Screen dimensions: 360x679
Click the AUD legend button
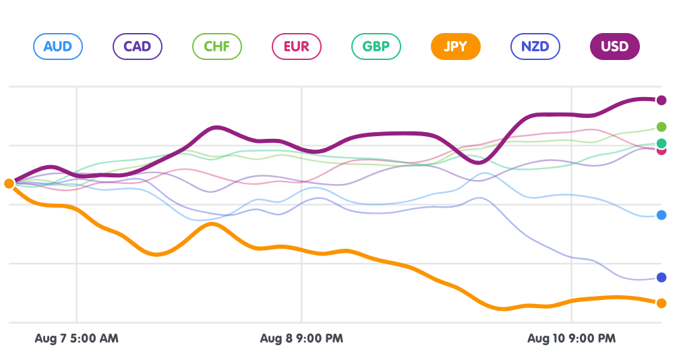click(57, 47)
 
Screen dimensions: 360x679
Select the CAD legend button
click(137, 47)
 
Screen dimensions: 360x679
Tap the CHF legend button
click(217, 47)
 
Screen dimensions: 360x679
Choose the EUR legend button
click(296, 47)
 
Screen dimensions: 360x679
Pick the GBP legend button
click(376, 47)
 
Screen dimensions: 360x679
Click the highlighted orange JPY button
click(455, 47)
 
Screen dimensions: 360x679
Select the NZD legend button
click(535, 47)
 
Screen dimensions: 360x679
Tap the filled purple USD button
click(614, 47)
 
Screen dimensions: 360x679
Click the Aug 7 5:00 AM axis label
click(76, 338)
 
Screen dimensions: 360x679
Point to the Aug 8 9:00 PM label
click(301, 338)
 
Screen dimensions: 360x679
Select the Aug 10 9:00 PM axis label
click(571, 338)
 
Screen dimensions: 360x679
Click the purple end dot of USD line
click(661, 100)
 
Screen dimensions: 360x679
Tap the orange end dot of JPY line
click(661, 303)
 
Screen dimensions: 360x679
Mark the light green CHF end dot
click(661, 127)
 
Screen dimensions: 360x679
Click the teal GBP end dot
click(661, 143)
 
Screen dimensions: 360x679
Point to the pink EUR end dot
click(661, 150)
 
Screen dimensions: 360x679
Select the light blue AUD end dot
click(661, 215)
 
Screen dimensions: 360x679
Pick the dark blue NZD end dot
click(661, 277)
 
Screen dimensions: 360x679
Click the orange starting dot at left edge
click(9, 183)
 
